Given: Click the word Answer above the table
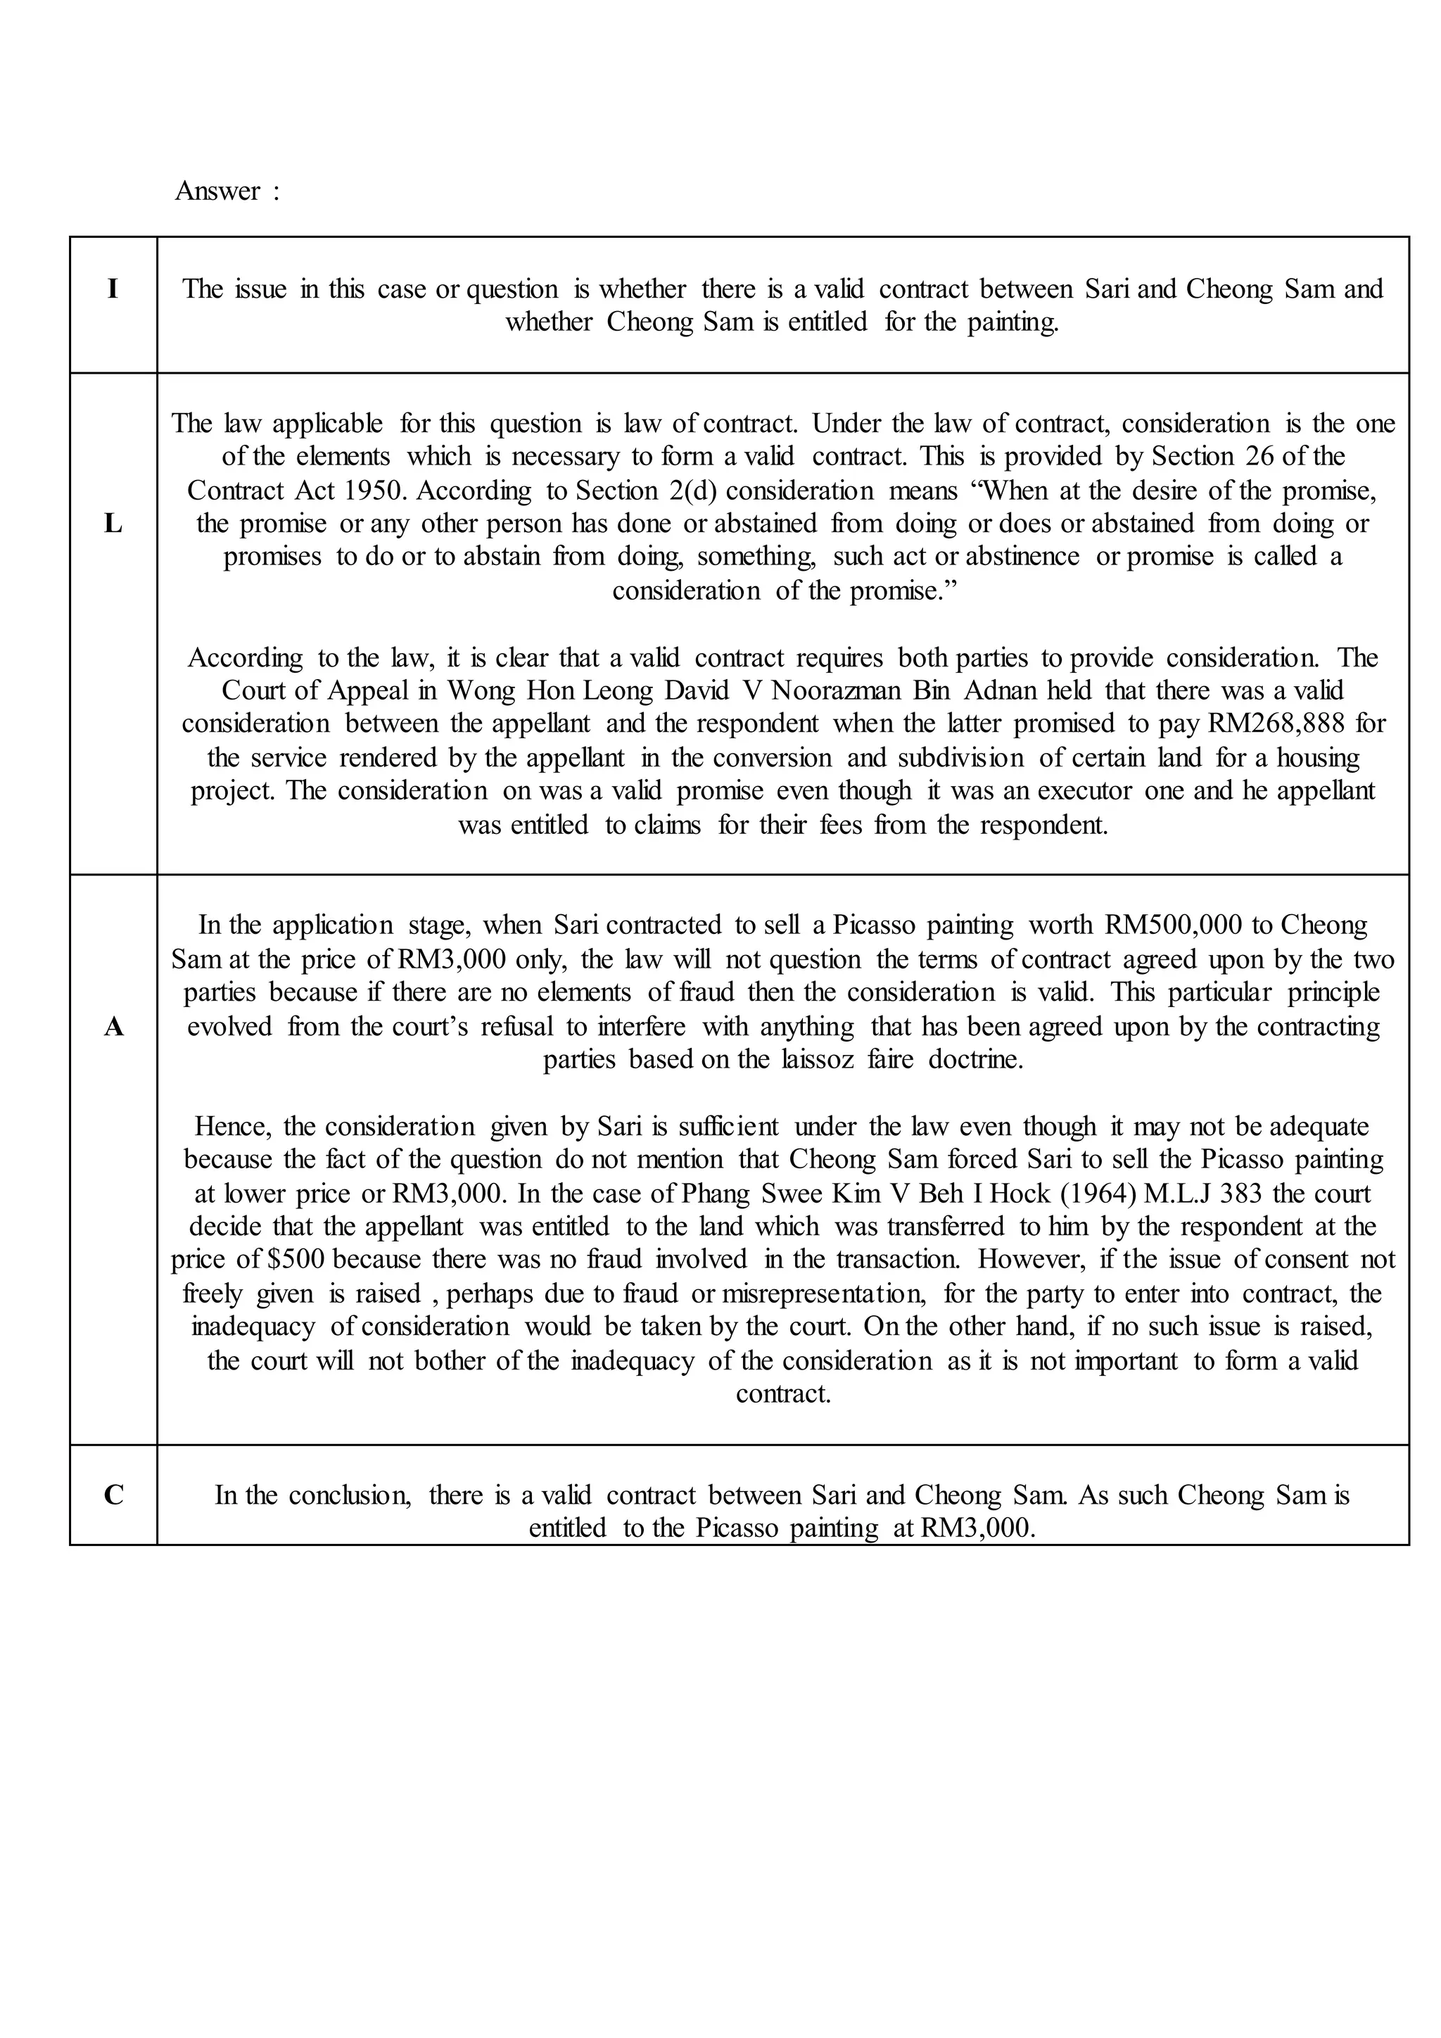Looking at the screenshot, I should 217,191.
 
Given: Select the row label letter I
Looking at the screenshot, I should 113,289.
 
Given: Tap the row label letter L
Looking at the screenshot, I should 113,524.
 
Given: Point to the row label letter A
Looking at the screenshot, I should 113,1027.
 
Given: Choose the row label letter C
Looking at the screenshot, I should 113,1495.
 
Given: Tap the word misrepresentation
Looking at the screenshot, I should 825,1293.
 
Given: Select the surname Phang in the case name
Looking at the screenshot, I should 718,1193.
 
